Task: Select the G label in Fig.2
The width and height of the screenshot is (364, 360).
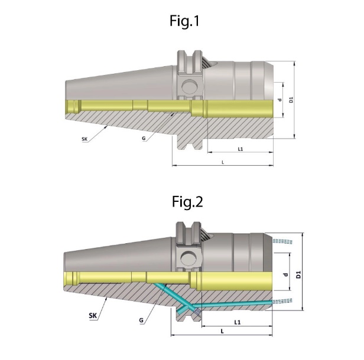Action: point(142,322)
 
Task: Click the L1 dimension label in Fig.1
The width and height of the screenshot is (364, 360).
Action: point(240,149)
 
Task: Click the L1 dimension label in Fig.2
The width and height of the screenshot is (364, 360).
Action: point(236,322)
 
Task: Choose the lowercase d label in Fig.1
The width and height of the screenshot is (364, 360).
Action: point(279,100)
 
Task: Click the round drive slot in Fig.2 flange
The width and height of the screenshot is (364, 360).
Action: point(189,258)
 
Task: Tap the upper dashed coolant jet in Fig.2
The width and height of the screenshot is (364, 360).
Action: point(285,241)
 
